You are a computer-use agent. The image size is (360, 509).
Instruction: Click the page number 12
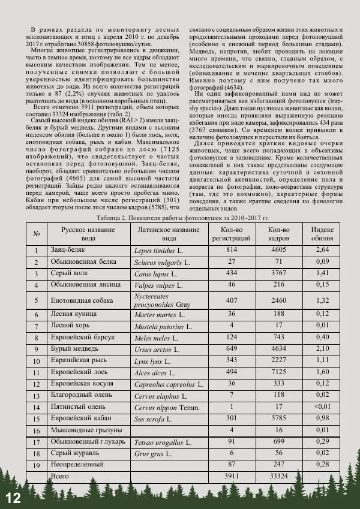[13, 498]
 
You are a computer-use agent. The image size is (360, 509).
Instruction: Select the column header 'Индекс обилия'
[322, 233]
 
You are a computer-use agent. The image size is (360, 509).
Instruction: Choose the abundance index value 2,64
[322, 249]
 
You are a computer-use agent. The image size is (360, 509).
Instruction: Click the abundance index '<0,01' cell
[322, 406]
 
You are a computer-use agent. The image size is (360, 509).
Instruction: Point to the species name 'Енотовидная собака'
[83, 300]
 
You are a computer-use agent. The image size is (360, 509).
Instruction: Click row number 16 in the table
[37, 430]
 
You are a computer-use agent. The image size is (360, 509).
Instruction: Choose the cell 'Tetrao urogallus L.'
[163, 442]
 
